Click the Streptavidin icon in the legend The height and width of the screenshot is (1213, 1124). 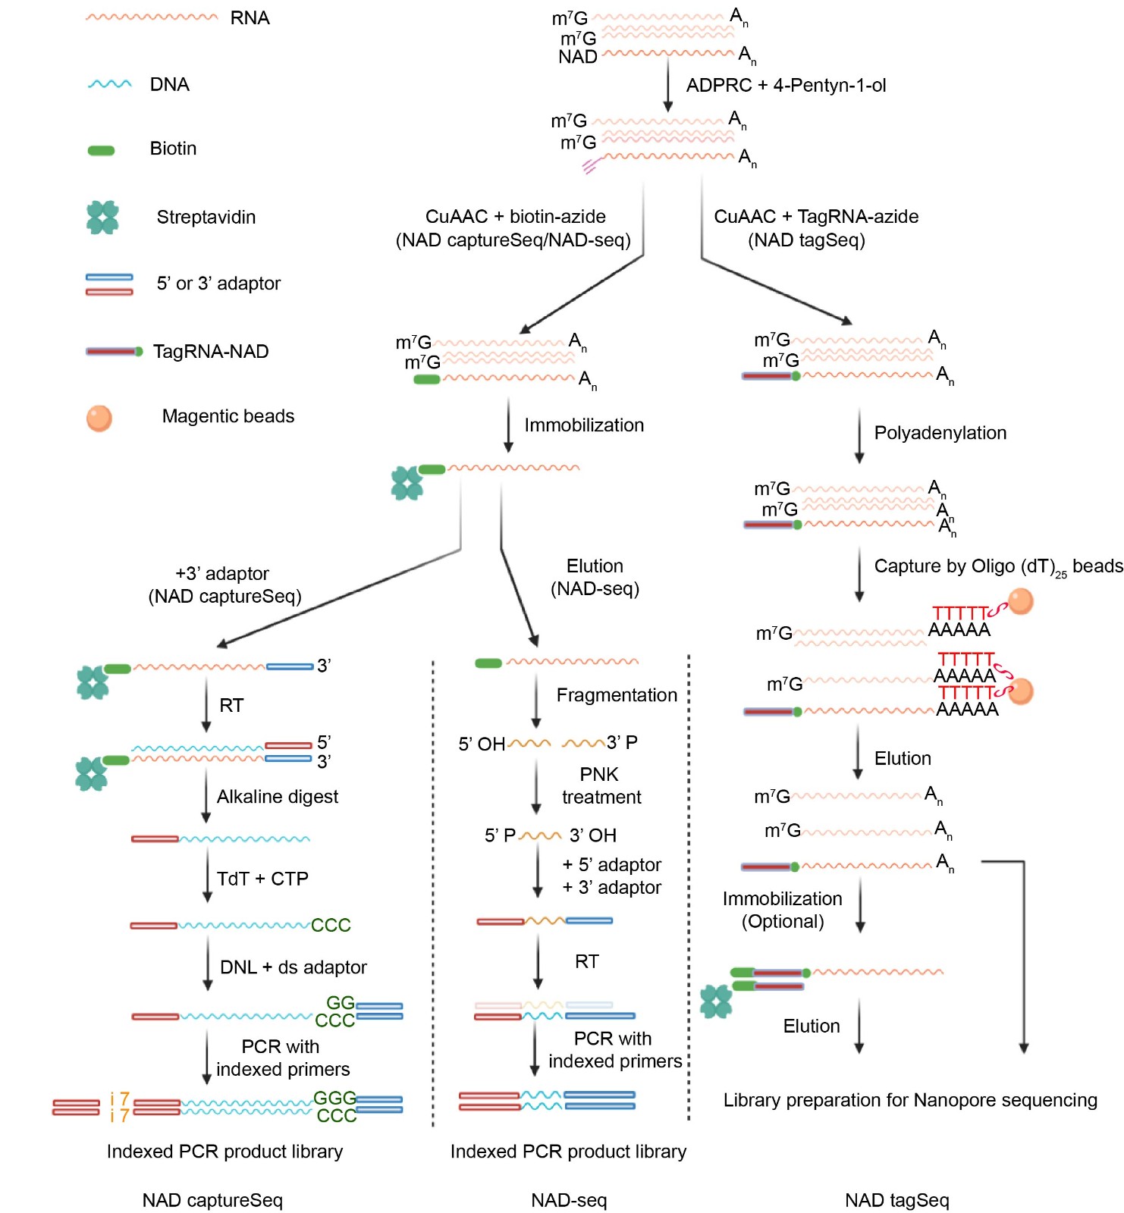tap(102, 218)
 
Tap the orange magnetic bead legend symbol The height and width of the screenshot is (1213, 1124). tap(99, 418)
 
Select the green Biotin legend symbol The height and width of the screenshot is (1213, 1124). tap(101, 150)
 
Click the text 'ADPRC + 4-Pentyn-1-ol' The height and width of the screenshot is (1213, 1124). tap(786, 86)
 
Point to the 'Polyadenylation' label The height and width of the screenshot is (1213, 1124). tap(940, 433)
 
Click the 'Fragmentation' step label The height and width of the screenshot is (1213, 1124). tap(617, 695)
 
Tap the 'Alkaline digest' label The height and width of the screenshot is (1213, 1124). tap(278, 797)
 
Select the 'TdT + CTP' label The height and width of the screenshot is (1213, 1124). tap(262, 879)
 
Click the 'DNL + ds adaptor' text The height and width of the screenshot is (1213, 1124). tap(293, 967)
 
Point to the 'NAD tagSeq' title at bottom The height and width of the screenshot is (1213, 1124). tap(896, 1200)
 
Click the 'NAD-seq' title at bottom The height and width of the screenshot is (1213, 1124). tap(569, 1200)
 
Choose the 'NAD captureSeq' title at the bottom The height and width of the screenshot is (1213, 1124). tap(212, 1200)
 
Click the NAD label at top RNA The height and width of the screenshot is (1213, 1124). tap(578, 57)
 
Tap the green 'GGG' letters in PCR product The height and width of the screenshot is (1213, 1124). tap(334, 1098)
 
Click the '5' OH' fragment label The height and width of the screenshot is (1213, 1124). tap(482, 744)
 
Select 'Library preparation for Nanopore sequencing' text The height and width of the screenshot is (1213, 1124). tap(910, 1100)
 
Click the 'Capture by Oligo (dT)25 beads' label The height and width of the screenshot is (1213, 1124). tap(998, 567)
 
